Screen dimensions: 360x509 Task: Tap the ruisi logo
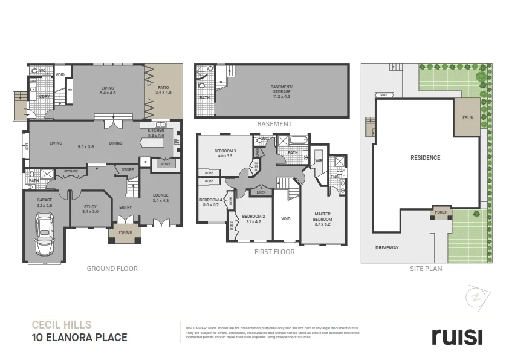[x=456, y=336]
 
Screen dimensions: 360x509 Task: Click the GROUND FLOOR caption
[x=112, y=269]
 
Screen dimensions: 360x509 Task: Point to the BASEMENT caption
[x=274, y=124]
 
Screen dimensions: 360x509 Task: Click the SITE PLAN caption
[x=426, y=269]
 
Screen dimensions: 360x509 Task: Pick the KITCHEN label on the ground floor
[x=156, y=131]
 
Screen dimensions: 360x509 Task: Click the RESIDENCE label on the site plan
[x=426, y=158]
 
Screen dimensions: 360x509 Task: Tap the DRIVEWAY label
[x=386, y=248]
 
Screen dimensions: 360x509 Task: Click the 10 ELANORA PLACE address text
[x=79, y=337]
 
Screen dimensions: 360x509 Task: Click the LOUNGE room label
[x=161, y=197]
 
